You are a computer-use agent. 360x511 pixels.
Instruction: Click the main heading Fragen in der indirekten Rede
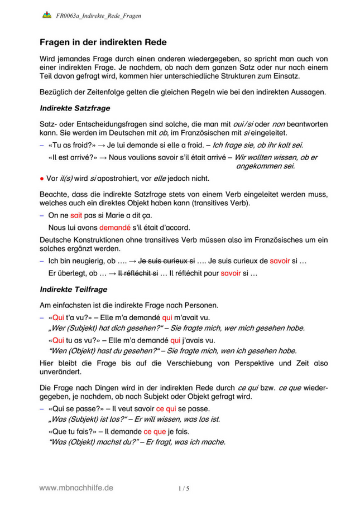(103, 42)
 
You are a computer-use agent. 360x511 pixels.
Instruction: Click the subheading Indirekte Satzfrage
(75, 107)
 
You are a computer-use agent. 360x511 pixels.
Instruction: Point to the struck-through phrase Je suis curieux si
(166, 261)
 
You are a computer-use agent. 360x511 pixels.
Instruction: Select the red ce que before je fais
(154, 431)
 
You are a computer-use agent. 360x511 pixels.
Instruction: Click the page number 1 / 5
(184, 489)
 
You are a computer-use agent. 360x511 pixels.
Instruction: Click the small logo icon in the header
(47, 15)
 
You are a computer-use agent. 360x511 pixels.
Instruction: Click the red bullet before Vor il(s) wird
(42, 179)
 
